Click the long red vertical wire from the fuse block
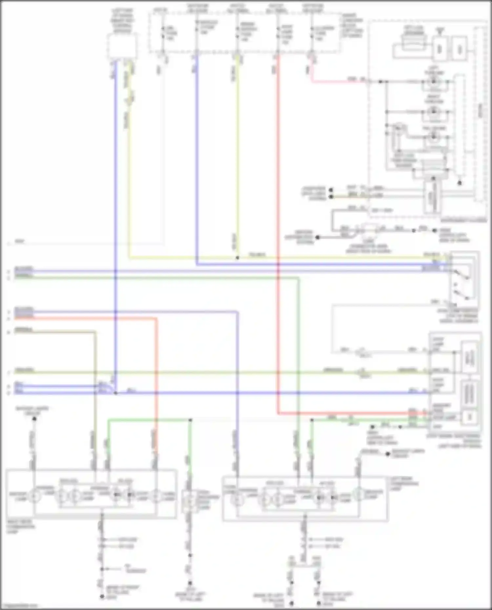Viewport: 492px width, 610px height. click(278, 229)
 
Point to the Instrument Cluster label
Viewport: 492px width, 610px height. click(463, 220)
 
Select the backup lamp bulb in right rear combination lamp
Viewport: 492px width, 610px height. click(33, 496)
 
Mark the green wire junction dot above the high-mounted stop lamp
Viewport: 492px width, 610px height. click(190, 420)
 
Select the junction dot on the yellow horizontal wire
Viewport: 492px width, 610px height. click(237, 258)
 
